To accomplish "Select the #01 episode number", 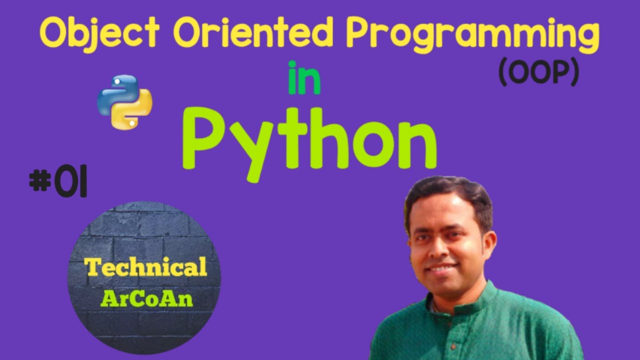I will pyautogui.click(x=58, y=182).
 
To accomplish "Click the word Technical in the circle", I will pyautogui.click(x=146, y=268).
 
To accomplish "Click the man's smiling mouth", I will pyautogui.click(x=443, y=268).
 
